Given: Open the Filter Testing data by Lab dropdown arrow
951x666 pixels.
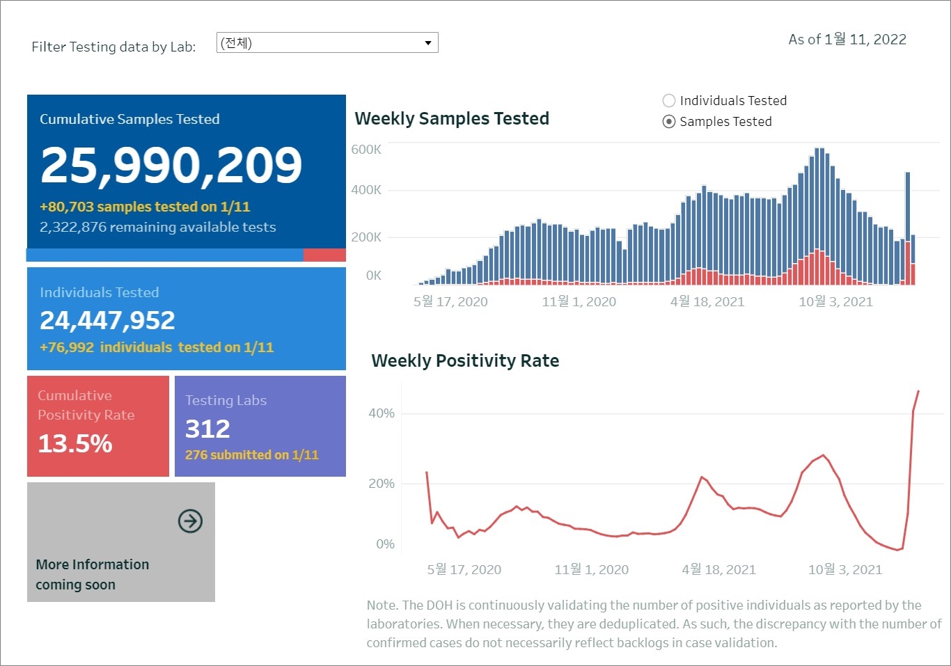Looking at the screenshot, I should [x=428, y=43].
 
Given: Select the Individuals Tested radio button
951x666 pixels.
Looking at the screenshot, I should [x=669, y=101].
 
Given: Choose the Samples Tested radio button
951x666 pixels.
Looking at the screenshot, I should [x=669, y=122].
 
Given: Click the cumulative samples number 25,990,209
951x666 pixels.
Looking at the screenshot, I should [x=171, y=166].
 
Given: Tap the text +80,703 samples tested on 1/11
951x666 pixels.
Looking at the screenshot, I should [x=145, y=207].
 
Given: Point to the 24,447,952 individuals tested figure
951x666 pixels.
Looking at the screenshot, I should [x=107, y=320].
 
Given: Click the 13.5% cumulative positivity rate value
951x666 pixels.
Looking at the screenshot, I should [x=75, y=443].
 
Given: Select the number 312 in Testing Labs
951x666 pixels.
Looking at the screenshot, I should [x=207, y=429].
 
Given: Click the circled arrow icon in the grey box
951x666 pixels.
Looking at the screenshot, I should [x=190, y=521].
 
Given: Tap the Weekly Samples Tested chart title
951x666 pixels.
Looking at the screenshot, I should [x=452, y=119].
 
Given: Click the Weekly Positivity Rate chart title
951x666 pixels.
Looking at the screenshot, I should [x=465, y=360].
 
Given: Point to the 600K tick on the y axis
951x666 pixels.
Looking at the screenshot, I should [x=366, y=150].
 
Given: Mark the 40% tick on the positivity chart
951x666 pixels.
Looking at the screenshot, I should [x=382, y=413].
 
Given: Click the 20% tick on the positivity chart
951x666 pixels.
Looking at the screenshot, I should [x=382, y=484].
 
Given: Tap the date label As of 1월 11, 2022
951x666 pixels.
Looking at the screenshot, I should [x=847, y=40].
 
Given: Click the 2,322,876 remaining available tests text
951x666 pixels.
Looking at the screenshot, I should [x=158, y=227].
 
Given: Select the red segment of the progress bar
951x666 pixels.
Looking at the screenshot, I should [x=324, y=255].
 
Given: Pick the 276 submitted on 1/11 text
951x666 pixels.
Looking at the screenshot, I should [x=251, y=455].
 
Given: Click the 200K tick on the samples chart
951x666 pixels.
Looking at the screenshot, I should [x=366, y=237].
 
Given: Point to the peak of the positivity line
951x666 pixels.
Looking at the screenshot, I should [x=918, y=391].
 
